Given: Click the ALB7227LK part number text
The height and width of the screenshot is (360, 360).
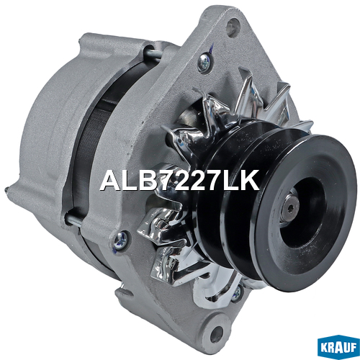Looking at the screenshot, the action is [180, 180].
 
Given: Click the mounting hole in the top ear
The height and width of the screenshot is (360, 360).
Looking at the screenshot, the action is [233, 27].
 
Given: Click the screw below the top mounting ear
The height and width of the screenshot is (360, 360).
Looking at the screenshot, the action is [204, 63].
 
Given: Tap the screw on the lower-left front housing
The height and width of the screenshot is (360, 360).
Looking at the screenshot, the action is [121, 240].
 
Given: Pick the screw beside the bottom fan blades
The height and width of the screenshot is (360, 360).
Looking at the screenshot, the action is [237, 293].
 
